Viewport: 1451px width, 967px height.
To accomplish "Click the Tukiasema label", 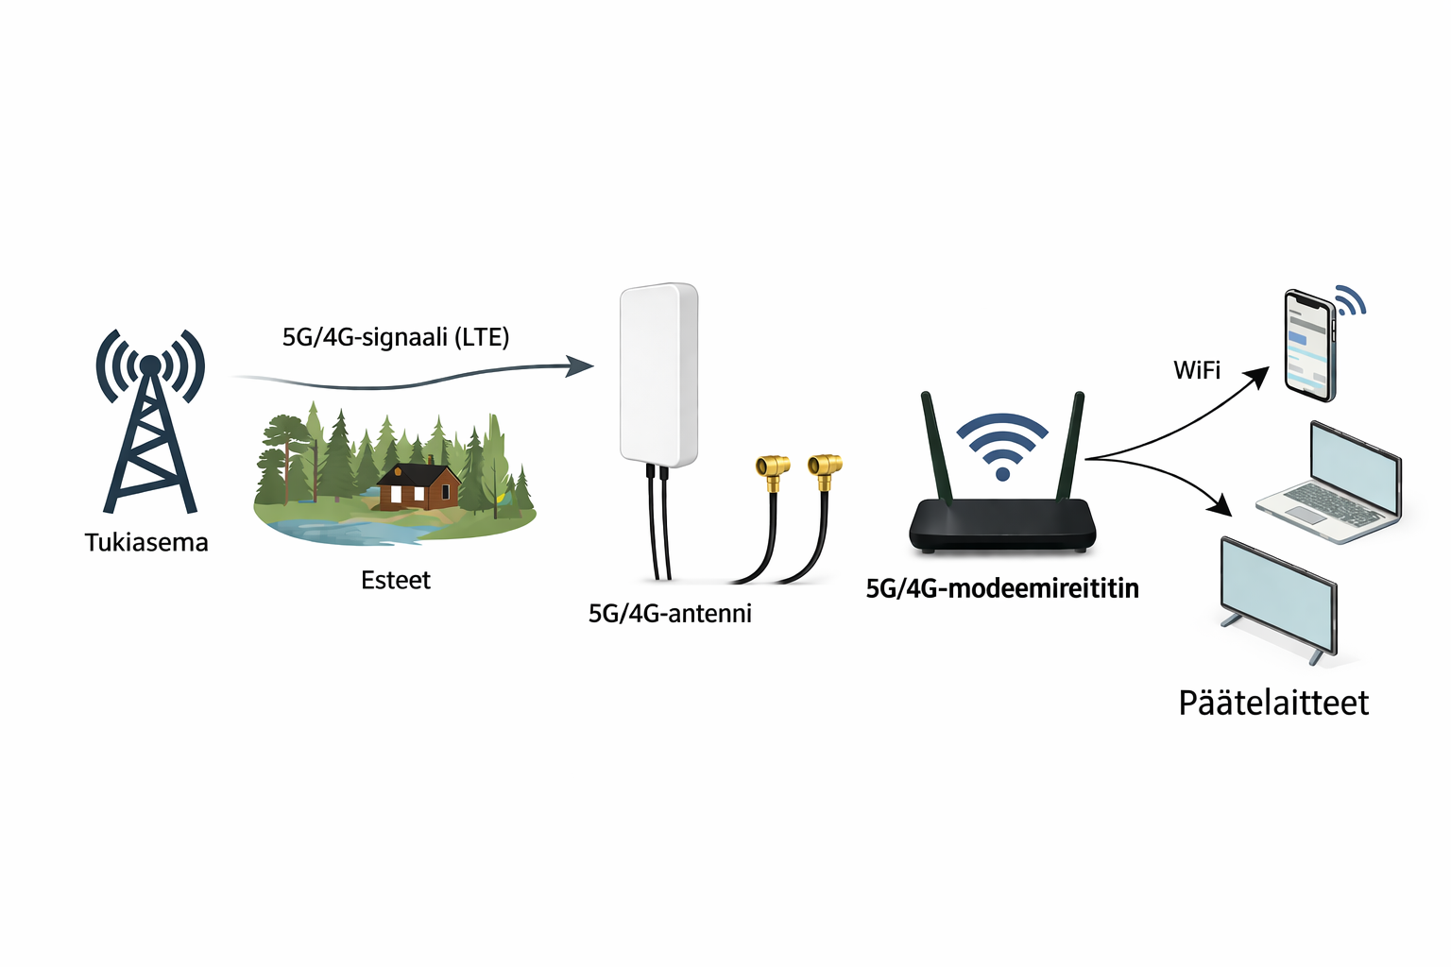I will tap(146, 542).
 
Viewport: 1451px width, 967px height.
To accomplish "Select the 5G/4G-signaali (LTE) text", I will tap(396, 337).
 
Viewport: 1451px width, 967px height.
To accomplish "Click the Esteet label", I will tap(396, 580).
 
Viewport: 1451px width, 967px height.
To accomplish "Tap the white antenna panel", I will tap(658, 374).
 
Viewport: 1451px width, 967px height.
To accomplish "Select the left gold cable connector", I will tap(772, 467).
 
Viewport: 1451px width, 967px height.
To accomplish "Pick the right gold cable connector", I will tap(825, 466).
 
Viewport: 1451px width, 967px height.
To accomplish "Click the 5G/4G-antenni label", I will tap(670, 614).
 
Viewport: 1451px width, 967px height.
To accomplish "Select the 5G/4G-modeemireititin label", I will tap(1002, 588).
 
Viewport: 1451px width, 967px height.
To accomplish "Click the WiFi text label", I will tap(1197, 370).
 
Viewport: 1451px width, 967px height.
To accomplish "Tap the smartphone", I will tap(1310, 345).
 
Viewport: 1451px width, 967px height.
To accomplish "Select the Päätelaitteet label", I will tap(1273, 703).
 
